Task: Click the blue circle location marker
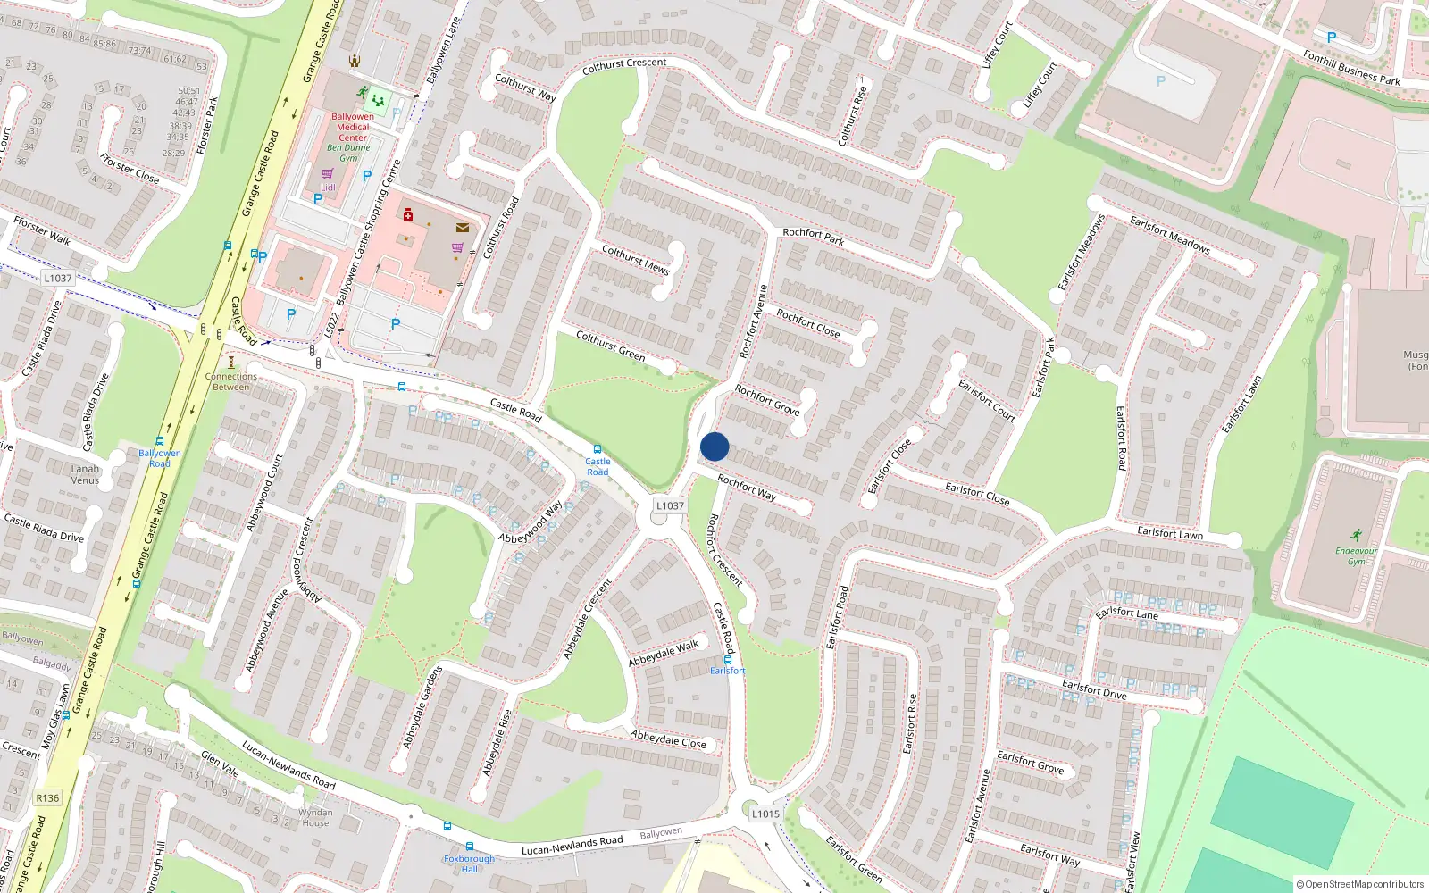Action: pos(714,446)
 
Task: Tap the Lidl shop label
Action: pos(328,188)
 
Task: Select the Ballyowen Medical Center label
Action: pos(353,127)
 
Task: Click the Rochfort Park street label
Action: pos(813,237)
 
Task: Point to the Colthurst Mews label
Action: pos(635,259)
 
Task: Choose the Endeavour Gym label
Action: pos(1356,555)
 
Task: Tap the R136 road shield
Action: pos(47,798)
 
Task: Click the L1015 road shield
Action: pos(765,814)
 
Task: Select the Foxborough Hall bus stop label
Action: pos(469,864)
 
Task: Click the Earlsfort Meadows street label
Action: pos(1169,235)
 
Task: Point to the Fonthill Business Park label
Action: pos(1350,68)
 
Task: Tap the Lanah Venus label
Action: pos(86,474)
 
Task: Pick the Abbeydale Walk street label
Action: pos(664,654)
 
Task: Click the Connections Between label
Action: pos(231,381)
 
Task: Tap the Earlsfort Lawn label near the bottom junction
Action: pos(1170,533)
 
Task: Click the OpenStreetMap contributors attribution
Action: pos(1360,885)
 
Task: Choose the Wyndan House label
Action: pos(314,817)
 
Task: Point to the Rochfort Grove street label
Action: pos(767,399)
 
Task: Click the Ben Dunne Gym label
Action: pos(348,153)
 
